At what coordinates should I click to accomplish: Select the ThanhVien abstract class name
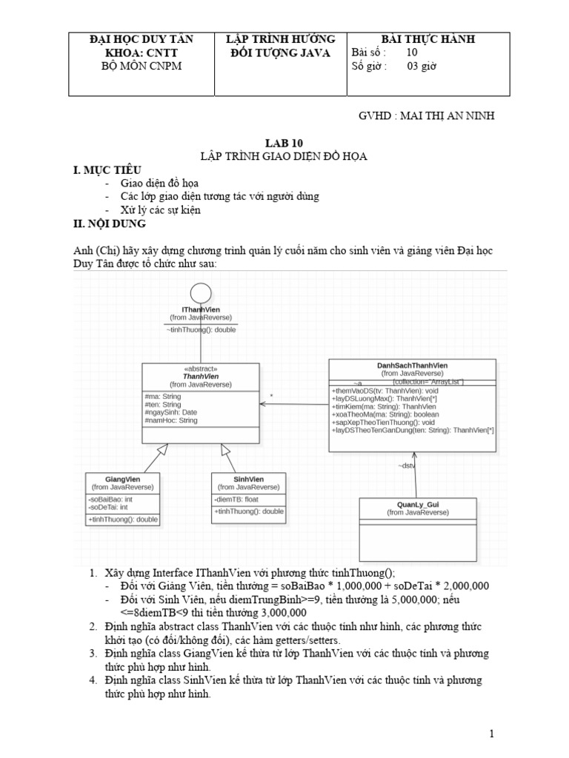[200, 376]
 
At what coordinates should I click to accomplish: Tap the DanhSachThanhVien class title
[412, 366]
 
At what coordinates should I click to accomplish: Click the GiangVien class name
[122, 479]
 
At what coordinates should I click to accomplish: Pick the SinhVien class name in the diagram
[248, 479]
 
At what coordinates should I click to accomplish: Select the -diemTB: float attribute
[236, 499]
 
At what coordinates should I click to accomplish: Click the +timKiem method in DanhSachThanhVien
[383, 406]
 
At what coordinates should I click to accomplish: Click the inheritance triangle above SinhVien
[226, 449]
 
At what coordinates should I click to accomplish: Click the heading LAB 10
[284, 143]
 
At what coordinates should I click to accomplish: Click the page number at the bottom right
[490, 733]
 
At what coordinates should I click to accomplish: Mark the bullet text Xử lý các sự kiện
[161, 210]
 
